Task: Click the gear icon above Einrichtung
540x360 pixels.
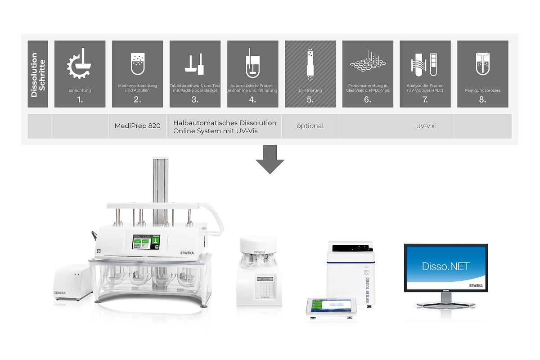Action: click(x=80, y=63)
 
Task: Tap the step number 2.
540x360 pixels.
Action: click(x=137, y=99)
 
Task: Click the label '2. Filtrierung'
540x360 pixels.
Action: click(x=310, y=90)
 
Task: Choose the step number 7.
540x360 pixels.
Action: click(x=425, y=99)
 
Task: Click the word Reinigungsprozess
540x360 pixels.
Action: click(x=482, y=90)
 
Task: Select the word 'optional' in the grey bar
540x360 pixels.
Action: click(x=310, y=126)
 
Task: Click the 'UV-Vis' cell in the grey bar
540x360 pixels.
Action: click(x=425, y=126)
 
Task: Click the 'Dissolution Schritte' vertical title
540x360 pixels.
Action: click(x=38, y=74)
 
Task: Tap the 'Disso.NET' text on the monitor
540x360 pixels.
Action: click(x=445, y=266)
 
